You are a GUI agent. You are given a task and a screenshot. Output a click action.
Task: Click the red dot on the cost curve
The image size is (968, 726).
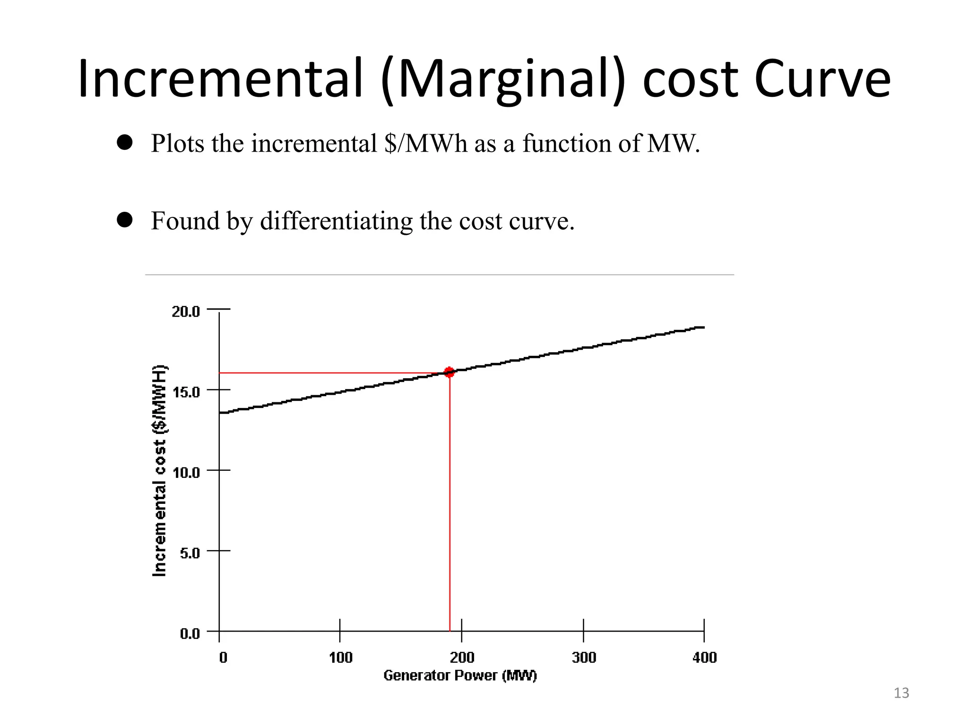pyautogui.click(x=449, y=372)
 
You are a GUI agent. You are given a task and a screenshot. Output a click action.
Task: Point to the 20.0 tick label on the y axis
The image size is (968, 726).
pyautogui.click(x=185, y=311)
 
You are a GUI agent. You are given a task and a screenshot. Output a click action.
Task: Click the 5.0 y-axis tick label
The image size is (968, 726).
pyautogui.click(x=190, y=553)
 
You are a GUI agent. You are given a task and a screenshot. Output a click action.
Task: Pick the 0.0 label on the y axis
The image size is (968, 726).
pyautogui.click(x=190, y=633)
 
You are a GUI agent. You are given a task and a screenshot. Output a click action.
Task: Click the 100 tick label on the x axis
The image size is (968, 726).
pyautogui.click(x=340, y=657)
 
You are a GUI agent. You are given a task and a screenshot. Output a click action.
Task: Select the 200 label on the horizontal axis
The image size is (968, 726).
pyautogui.click(x=462, y=657)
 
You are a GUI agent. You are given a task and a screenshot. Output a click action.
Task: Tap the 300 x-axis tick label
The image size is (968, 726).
pyautogui.click(x=584, y=657)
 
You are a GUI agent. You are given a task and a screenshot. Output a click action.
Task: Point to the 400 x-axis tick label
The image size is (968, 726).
pyautogui.click(x=704, y=657)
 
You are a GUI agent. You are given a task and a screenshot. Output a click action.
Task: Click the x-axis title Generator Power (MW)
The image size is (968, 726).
pyautogui.click(x=460, y=675)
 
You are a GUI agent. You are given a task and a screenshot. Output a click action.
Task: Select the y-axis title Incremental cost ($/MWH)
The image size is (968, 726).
pyautogui.click(x=160, y=471)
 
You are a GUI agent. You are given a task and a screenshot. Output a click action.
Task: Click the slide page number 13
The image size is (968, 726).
pyautogui.click(x=901, y=693)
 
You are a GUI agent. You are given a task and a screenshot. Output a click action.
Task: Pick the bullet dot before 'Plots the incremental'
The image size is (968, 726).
pyautogui.click(x=125, y=142)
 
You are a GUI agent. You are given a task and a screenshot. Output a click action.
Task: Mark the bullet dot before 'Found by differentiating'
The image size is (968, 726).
pyautogui.click(x=125, y=219)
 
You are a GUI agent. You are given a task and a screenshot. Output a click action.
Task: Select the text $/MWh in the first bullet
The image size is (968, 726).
pyautogui.click(x=425, y=143)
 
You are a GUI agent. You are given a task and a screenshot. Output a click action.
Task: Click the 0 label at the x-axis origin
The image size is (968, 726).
pyautogui.click(x=223, y=657)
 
